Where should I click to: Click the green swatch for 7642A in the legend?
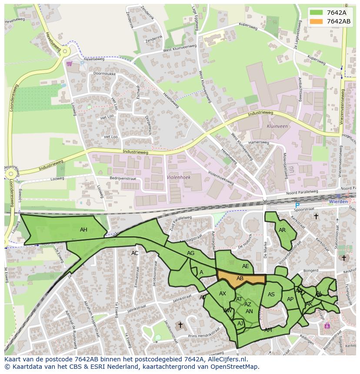[x=316, y=13]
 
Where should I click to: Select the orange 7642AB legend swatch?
[x=316, y=21]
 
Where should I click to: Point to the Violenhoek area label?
[x=179, y=177]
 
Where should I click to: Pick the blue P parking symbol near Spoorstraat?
[x=297, y=205]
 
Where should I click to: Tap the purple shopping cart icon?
[x=69, y=63]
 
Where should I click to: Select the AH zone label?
[x=83, y=230]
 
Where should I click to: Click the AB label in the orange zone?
[x=240, y=278]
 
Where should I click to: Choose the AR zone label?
[x=282, y=230]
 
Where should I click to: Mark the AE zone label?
[x=246, y=266]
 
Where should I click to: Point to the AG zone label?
[x=190, y=253]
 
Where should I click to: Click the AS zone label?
[x=271, y=295]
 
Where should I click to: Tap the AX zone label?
[x=223, y=294]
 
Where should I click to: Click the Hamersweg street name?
[x=259, y=142]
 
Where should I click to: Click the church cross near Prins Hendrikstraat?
[x=180, y=325]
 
